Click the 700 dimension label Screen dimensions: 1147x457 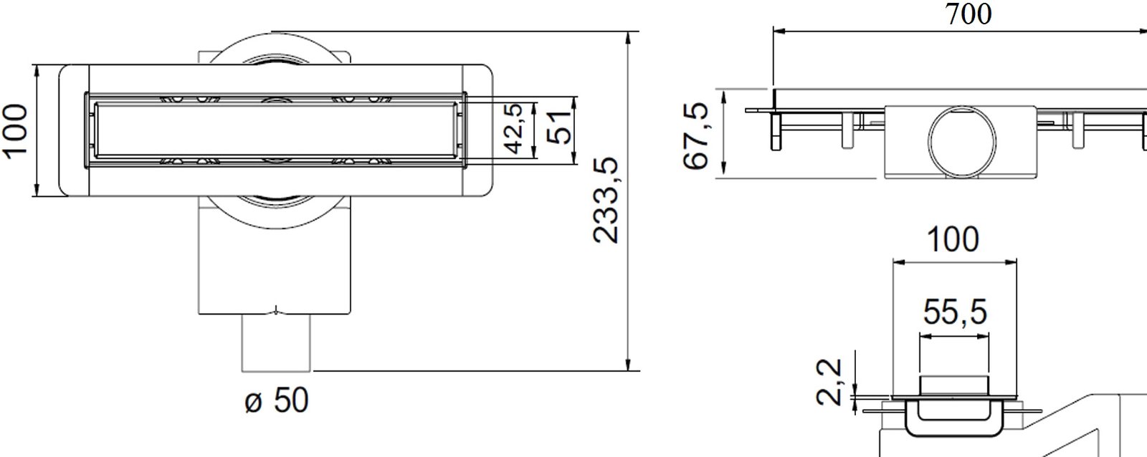pos(968,14)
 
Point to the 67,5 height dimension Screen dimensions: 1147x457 pos(696,135)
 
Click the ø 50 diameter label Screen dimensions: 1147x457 pos(277,400)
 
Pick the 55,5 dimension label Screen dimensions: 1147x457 pos(954,312)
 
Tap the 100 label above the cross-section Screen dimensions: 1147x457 pos(953,239)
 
